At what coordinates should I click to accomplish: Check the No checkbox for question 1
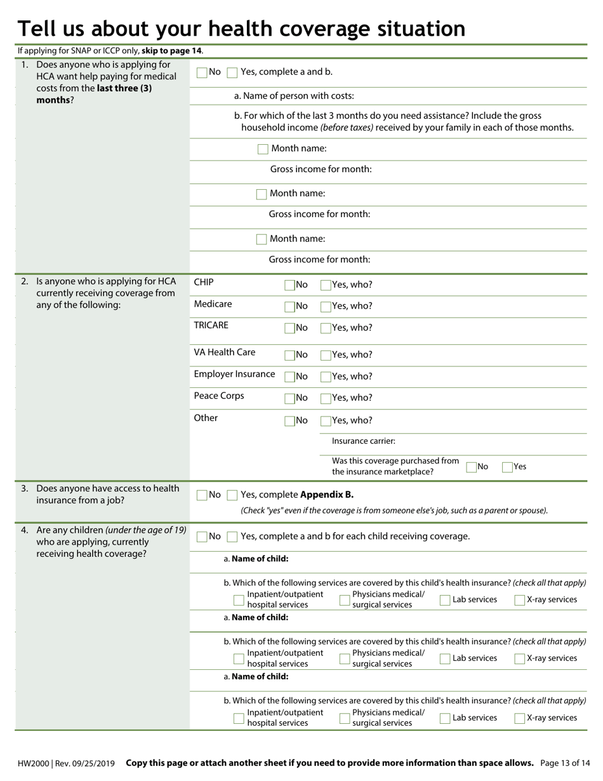click(x=202, y=72)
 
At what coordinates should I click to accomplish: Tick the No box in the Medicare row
click(x=290, y=307)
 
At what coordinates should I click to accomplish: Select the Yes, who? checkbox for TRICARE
click(x=326, y=328)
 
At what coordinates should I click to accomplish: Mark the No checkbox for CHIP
click(x=290, y=286)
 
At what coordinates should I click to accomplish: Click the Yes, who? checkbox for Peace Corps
click(x=326, y=399)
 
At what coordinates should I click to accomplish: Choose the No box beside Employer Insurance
click(x=290, y=377)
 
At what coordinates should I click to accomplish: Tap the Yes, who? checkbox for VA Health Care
click(x=326, y=356)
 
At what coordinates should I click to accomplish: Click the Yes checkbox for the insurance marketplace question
click(x=508, y=467)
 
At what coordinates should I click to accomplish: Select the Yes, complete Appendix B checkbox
click(x=232, y=495)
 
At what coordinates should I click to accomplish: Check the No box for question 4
click(x=202, y=537)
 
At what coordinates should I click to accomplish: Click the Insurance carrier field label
click(x=364, y=441)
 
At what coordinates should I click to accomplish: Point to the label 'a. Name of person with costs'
click(x=294, y=96)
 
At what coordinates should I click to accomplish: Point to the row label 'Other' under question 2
click(x=206, y=418)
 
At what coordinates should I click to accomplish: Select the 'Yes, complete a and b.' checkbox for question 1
click(x=232, y=72)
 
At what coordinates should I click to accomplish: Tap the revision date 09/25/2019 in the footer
click(x=95, y=763)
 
